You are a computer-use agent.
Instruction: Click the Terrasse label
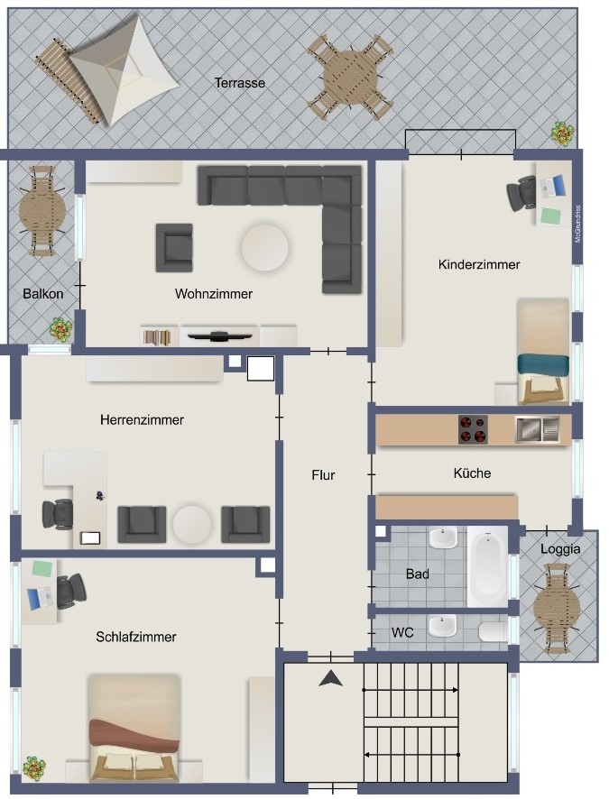(x=239, y=83)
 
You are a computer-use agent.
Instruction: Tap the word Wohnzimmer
(x=214, y=293)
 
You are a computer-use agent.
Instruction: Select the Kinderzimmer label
(x=479, y=264)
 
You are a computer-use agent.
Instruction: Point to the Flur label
(x=323, y=475)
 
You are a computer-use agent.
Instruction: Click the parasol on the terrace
(x=124, y=70)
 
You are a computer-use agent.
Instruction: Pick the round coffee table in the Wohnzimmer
(x=265, y=248)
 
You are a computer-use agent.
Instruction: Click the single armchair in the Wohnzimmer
(x=174, y=248)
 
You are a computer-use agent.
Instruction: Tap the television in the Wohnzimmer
(x=219, y=335)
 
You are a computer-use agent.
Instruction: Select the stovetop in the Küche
(x=473, y=429)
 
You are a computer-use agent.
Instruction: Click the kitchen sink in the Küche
(x=537, y=429)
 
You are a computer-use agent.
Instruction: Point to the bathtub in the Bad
(x=488, y=565)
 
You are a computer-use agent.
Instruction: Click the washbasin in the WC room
(x=442, y=626)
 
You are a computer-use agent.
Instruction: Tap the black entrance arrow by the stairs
(x=330, y=678)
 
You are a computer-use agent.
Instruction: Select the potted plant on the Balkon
(x=61, y=329)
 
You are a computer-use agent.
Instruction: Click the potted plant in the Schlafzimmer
(x=34, y=767)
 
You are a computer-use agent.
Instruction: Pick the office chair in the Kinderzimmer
(x=521, y=193)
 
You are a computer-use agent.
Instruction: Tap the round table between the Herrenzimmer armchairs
(x=192, y=524)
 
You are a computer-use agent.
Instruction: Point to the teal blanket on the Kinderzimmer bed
(x=543, y=365)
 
